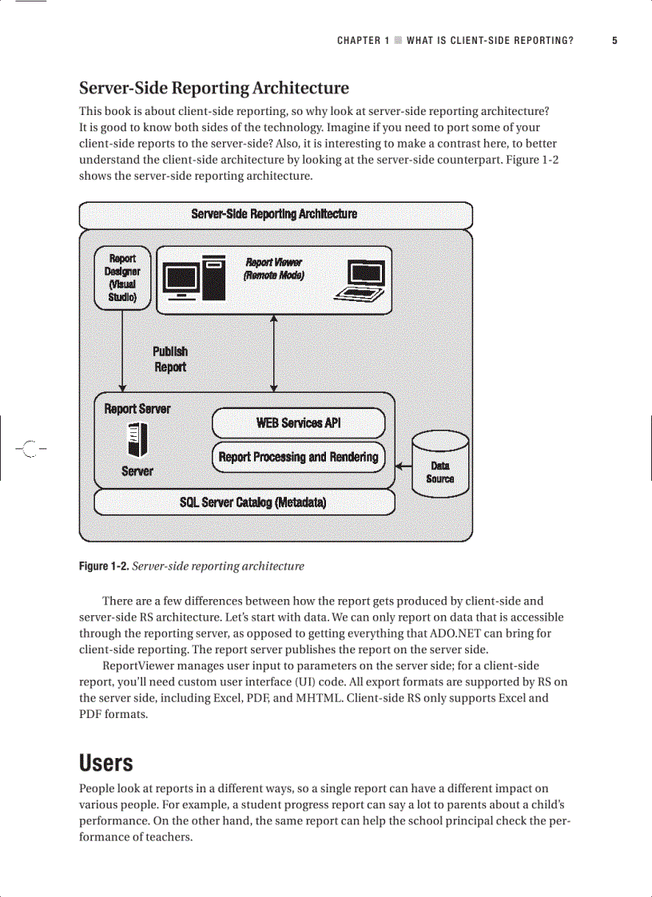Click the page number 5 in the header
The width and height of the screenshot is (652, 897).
pyautogui.click(x=614, y=40)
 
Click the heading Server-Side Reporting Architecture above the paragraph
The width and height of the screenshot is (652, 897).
pyautogui.click(x=213, y=88)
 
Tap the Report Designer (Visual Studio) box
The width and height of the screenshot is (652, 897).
pyautogui.click(x=122, y=278)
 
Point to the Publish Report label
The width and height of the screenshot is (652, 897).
pyautogui.click(x=170, y=359)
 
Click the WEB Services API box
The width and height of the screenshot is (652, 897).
pyautogui.click(x=298, y=423)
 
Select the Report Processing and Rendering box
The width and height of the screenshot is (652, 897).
pyautogui.click(x=298, y=457)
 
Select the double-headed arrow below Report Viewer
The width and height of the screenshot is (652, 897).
pyautogui.click(x=274, y=353)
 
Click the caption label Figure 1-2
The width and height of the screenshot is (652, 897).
pyautogui.click(x=103, y=566)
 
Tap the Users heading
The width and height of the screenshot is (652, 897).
pyautogui.click(x=105, y=763)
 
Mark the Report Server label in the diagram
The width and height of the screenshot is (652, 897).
pyautogui.click(x=137, y=409)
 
